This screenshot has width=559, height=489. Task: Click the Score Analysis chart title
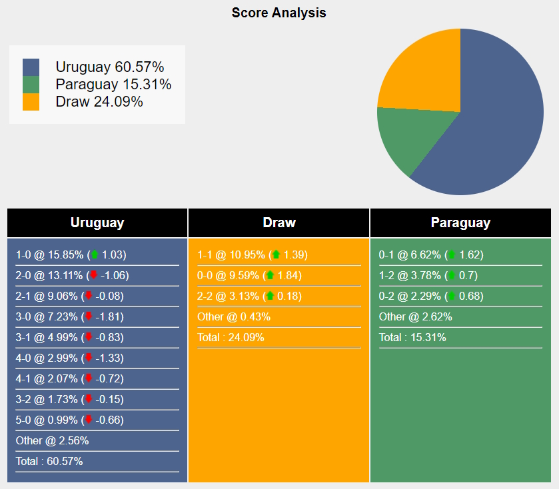click(x=279, y=13)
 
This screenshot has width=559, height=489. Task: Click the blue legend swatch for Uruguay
click(x=31, y=67)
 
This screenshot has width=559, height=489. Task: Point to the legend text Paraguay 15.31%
click(x=113, y=85)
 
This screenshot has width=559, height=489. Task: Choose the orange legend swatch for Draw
click(x=31, y=102)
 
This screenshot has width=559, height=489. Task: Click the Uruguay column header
click(x=97, y=223)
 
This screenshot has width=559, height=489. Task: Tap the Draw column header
click(x=279, y=223)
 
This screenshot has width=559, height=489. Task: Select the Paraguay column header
click(x=460, y=223)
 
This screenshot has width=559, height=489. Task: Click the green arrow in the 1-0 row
click(x=95, y=254)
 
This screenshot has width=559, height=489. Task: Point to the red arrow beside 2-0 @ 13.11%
click(x=94, y=275)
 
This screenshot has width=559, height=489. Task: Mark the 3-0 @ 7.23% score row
click(x=70, y=316)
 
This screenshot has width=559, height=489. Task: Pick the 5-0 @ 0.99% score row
click(x=70, y=420)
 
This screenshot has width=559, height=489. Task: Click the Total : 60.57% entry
click(x=49, y=461)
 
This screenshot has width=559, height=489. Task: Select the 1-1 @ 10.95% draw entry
click(x=252, y=254)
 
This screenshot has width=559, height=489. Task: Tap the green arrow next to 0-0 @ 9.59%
click(x=271, y=275)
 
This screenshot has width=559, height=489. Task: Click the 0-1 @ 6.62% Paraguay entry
click(x=431, y=254)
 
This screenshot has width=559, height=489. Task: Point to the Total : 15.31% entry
click(x=412, y=337)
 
